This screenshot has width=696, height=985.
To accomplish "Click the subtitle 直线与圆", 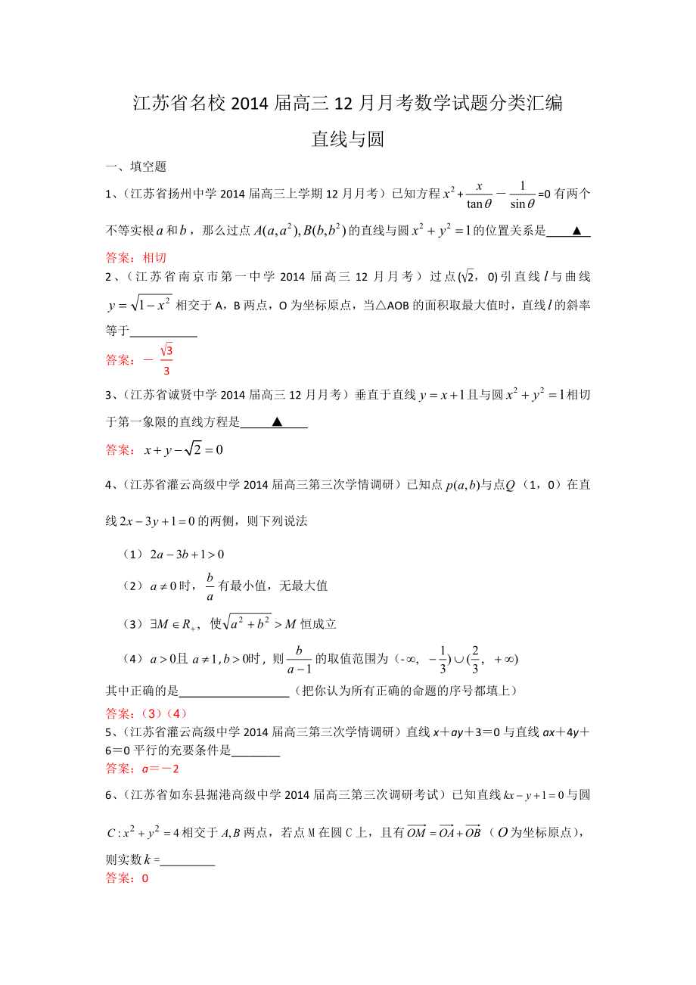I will [348, 139].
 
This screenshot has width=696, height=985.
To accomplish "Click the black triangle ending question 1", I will [576, 231].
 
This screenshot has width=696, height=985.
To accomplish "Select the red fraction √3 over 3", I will [167, 360].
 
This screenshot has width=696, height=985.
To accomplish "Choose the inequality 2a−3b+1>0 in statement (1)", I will [187, 555].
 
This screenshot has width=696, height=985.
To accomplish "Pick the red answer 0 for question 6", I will [145, 878].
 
